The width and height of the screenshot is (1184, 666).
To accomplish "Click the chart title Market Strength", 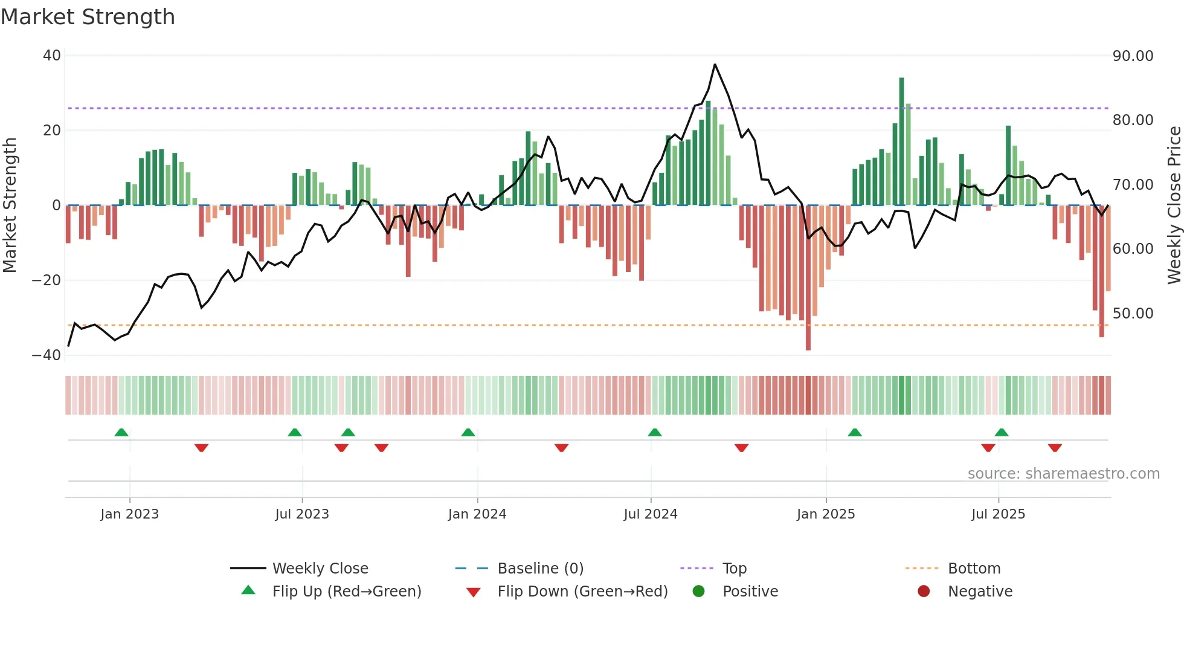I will (x=88, y=17).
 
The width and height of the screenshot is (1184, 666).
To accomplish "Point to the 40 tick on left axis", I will (x=51, y=56).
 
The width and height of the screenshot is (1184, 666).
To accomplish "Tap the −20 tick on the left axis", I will (x=46, y=280).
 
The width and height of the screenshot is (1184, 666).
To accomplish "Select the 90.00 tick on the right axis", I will (x=1133, y=56).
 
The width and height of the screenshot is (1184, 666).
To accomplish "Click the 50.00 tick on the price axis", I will (x=1133, y=314).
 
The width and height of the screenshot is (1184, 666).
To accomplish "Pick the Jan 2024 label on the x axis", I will (x=477, y=514).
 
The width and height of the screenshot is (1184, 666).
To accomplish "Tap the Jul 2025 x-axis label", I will (x=998, y=514).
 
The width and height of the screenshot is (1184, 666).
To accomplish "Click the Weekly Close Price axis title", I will (x=1174, y=205).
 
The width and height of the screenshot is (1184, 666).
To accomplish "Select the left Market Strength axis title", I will (x=10, y=205).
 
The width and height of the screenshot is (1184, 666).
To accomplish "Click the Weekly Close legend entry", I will (x=320, y=569).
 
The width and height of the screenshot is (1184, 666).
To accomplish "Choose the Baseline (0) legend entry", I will (x=540, y=569).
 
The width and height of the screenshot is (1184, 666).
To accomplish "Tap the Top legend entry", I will (x=734, y=569).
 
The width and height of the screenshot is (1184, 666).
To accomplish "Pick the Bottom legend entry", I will (x=974, y=569).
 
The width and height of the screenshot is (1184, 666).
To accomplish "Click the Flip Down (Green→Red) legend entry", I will (x=582, y=592).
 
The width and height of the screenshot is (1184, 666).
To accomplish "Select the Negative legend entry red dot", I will (x=924, y=592).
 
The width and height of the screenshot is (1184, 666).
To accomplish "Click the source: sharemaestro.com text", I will (x=1063, y=474).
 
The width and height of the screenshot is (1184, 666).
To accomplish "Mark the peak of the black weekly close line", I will (x=715, y=65).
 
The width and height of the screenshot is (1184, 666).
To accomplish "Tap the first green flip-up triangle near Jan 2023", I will (x=121, y=433).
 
